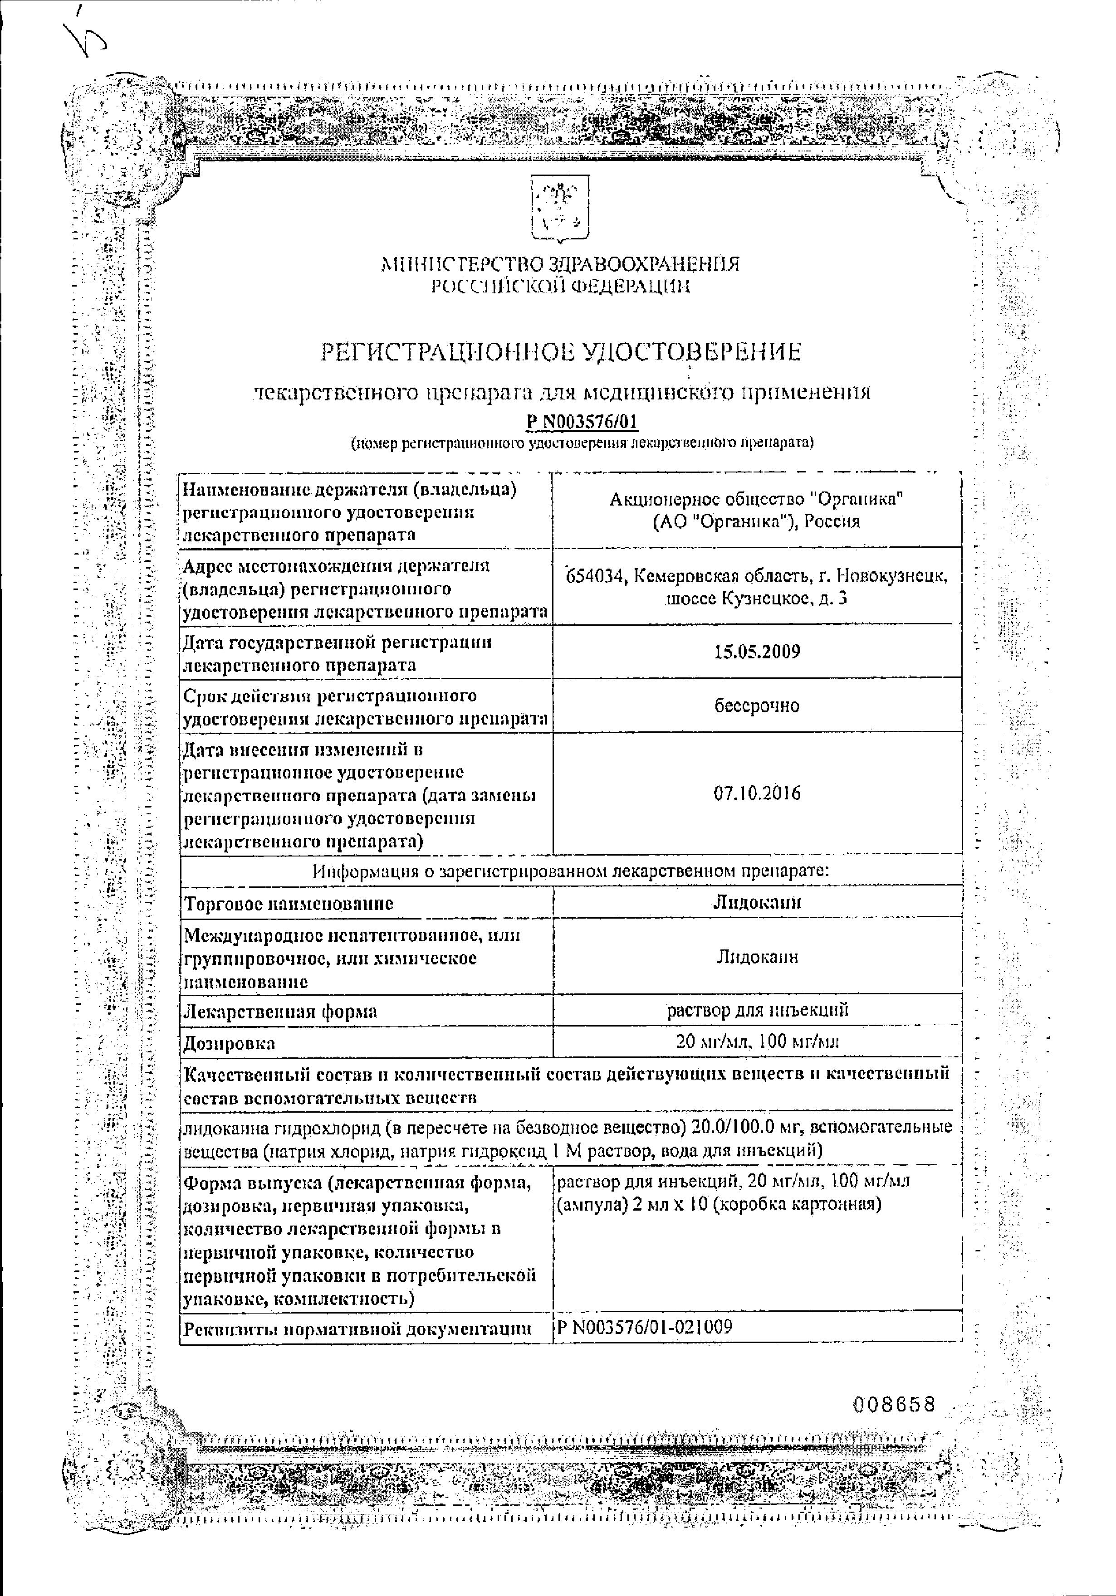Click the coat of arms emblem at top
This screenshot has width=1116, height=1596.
pos(560,209)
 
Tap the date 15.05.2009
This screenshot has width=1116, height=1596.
pos(757,652)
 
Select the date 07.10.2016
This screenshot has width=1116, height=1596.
pos(757,793)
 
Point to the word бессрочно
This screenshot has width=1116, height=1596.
pos(757,706)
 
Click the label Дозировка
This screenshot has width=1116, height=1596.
pos(230,1043)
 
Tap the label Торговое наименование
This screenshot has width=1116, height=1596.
pos(289,904)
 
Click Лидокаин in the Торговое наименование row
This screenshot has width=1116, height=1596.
pos(757,902)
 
